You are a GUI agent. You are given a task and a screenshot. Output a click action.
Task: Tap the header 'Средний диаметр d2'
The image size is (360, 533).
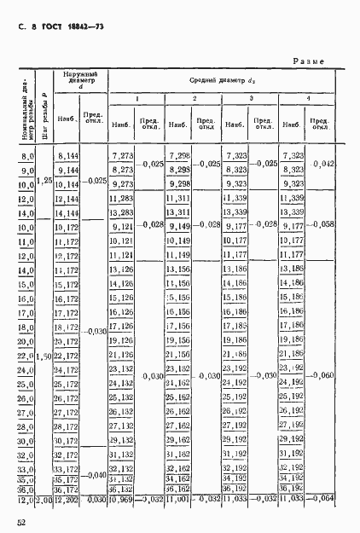(x=220, y=80)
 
